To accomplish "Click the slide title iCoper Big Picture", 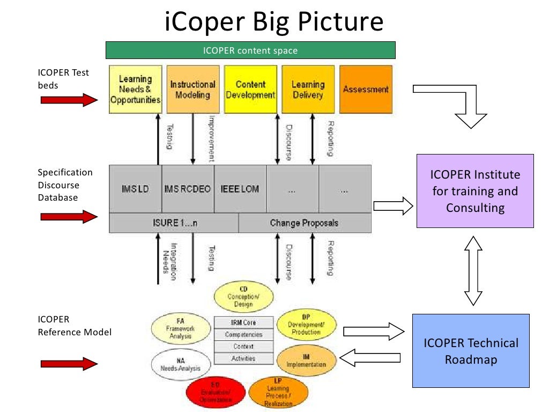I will [x=274, y=22].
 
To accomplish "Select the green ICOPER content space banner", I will [x=250, y=50].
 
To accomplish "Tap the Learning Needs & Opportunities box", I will [x=135, y=89].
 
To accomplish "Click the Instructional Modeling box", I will [x=193, y=89].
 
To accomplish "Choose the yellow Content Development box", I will [x=250, y=89].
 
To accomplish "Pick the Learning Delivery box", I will [x=308, y=89].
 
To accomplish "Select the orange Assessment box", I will [x=366, y=89].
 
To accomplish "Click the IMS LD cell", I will [x=135, y=189].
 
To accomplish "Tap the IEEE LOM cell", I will [x=240, y=189].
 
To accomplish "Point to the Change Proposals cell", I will [x=304, y=223].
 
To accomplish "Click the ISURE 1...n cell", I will [x=173, y=223].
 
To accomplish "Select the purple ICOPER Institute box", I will [x=475, y=190].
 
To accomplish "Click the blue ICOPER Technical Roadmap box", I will [x=471, y=350].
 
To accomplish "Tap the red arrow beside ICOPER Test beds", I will [x=68, y=99].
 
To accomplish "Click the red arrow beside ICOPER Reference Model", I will [x=68, y=364].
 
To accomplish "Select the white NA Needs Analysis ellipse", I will [x=180, y=365].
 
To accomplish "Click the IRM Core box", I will [x=243, y=322].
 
